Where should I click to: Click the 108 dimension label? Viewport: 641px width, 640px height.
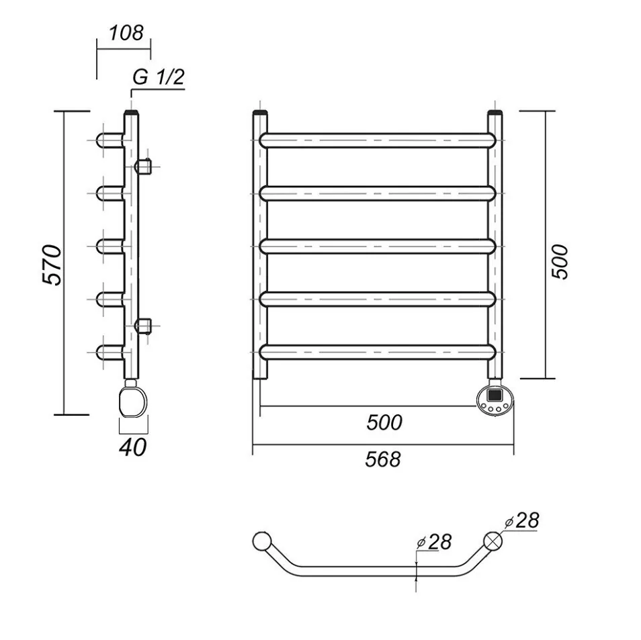click(x=126, y=33)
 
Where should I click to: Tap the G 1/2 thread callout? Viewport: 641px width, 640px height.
click(x=159, y=77)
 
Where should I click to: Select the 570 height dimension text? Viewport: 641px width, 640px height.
click(x=52, y=265)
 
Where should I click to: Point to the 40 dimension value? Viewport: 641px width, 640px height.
click(x=133, y=447)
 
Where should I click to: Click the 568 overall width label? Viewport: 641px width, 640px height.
click(x=383, y=459)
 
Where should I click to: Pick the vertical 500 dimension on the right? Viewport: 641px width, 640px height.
click(x=560, y=262)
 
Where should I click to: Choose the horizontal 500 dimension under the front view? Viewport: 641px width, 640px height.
click(x=384, y=422)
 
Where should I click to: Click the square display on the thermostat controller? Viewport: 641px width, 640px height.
click(x=495, y=395)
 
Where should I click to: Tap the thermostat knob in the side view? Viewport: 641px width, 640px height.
click(x=133, y=402)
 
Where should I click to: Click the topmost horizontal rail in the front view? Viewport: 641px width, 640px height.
click(x=378, y=140)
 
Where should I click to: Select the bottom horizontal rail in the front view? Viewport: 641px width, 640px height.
click(x=378, y=352)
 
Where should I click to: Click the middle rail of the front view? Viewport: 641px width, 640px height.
click(x=378, y=246)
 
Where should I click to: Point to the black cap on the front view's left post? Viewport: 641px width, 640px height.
click(x=261, y=112)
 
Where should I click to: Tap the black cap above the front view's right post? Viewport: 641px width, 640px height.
click(x=495, y=112)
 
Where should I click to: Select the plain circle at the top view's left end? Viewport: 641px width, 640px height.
click(x=261, y=541)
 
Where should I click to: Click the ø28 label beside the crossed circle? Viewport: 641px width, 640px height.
click(x=522, y=520)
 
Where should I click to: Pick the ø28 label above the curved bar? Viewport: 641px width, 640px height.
click(x=434, y=542)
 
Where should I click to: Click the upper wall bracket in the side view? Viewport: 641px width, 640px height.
click(x=144, y=167)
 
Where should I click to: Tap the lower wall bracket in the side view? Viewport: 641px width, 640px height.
click(x=144, y=326)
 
